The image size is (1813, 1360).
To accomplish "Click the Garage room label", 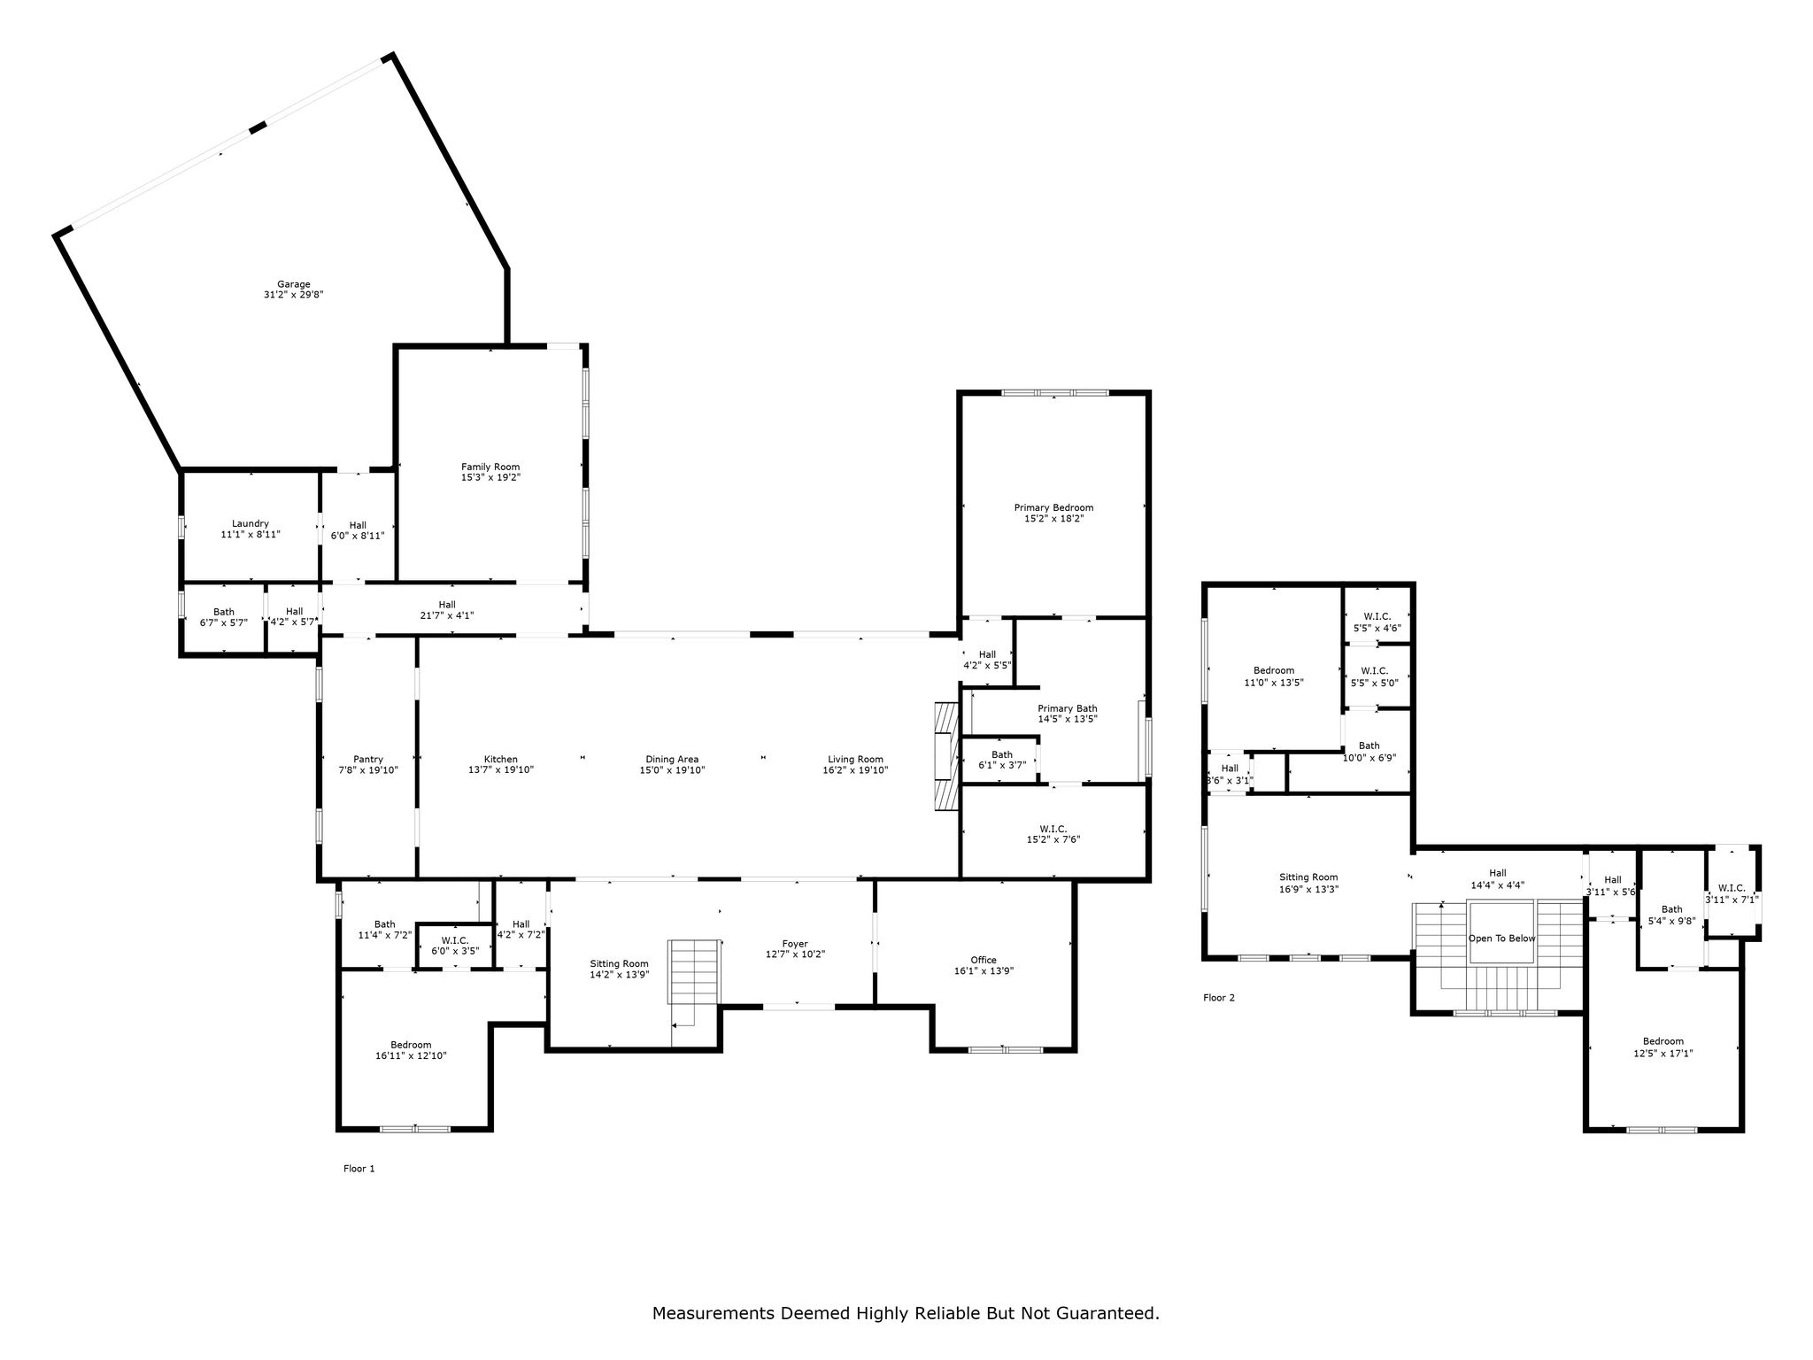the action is click(x=294, y=284).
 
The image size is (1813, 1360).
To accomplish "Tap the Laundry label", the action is click(x=251, y=523).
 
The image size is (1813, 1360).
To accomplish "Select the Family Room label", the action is click(x=490, y=467).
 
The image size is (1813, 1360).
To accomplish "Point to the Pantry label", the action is click(x=368, y=759).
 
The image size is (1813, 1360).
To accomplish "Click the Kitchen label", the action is click(x=501, y=759).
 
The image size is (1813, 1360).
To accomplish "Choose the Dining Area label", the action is click(x=672, y=759).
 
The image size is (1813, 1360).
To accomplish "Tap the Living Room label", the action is click(x=855, y=759).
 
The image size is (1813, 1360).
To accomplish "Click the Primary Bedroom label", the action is click(x=1053, y=507).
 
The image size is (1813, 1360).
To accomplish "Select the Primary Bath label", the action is click(x=1068, y=708).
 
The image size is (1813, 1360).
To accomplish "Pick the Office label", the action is click(x=984, y=960).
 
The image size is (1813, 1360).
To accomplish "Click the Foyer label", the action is click(x=795, y=944).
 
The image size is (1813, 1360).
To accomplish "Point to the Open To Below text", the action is click(x=1502, y=939).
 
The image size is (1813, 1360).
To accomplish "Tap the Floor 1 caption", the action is click(x=359, y=1169).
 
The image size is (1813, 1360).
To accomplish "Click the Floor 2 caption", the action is click(x=1219, y=998).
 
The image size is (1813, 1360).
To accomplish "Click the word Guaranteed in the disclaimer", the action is click(x=1107, y=1313).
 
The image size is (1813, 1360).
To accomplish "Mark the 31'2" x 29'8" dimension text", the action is click(x=294, y=295).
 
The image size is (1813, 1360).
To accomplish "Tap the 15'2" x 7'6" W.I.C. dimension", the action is click(x=1053, y=839).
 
